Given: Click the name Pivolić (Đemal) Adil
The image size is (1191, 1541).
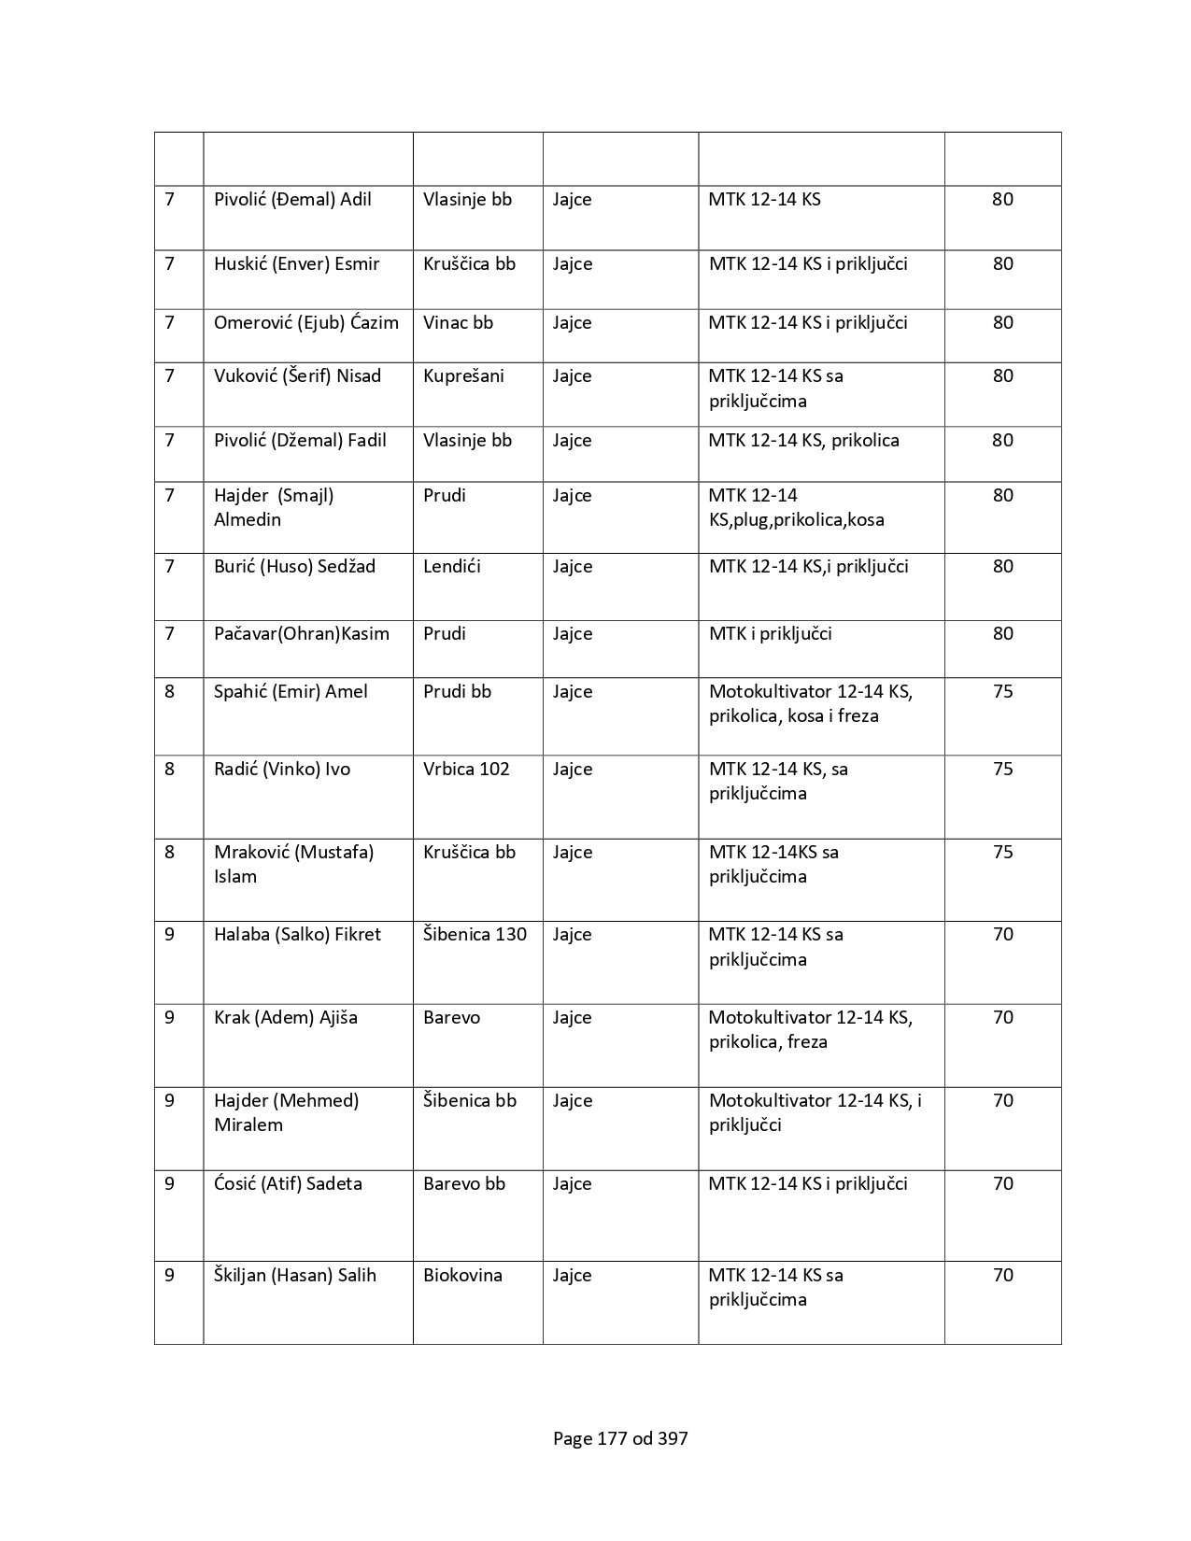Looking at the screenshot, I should [x=292, y=200].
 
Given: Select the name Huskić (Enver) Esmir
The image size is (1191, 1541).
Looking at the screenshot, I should [x=296, y=264].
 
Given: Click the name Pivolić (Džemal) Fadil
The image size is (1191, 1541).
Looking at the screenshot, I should [x=300, y=441].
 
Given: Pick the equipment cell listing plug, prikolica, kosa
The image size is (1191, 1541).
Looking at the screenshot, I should [x=796, y=508].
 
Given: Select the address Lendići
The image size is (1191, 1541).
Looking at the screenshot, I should [x=451, y=567].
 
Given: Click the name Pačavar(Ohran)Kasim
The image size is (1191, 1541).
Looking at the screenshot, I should [x=301, y=634].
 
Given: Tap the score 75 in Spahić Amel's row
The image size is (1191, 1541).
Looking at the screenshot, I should [x=1002, y=692].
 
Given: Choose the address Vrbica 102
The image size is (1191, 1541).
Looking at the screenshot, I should [x=466, y=770].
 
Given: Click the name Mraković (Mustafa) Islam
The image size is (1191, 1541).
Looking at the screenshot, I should [x=293, y=864].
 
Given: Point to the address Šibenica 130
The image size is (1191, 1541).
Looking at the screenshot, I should [x=475, y=935].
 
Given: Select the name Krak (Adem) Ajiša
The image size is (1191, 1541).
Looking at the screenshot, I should [x=285, y=1018].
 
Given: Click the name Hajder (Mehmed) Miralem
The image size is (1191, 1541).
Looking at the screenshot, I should [x=286, y=1112].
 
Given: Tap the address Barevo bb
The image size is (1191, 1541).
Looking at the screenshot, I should [x=463, y=1184].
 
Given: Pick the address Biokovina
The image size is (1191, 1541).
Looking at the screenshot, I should [x=462, y=1276].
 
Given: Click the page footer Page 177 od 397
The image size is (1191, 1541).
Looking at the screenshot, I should [x=620, y=1439].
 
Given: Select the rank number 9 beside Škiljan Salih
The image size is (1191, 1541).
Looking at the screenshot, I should [x=169, y=1276].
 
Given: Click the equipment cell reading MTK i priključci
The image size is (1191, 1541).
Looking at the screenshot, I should [x=770, y=634].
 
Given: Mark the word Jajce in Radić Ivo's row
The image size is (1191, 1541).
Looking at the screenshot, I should [x=572, y=770].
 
